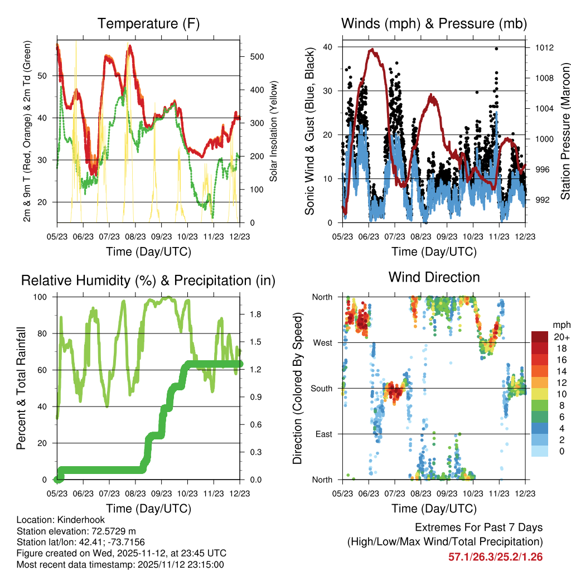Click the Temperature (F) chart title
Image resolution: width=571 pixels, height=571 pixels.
tap(148, 23)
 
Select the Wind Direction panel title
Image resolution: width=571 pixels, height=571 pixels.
tap(434, 277)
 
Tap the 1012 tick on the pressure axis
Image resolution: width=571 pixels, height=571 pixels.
tap(544, 47)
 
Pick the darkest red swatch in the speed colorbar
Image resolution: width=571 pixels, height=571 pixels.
tap(540, 337)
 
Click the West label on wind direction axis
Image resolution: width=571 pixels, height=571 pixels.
tap(323, 342)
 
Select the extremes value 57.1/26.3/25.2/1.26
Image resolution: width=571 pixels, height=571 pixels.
tap(495, 557)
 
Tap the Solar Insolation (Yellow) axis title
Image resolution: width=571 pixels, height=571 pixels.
tap(274, 131)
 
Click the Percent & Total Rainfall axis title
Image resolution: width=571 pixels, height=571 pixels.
tap(22, 388)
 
